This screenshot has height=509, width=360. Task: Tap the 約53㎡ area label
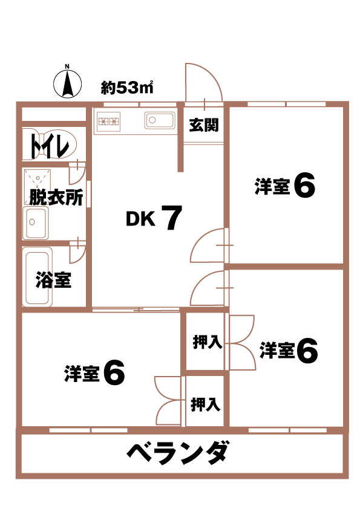point(127,87)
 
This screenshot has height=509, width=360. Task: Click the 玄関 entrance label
point(204,125)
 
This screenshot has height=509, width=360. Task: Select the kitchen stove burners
point(109,122)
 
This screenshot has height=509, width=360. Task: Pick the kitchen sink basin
point(160,121)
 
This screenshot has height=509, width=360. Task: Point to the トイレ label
point(50,146)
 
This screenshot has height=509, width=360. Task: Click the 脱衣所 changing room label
point(56,196)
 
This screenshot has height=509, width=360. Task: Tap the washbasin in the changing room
point(35,222)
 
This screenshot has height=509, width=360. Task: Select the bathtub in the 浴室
point(38,277)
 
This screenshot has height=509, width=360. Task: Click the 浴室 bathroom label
point(54,280)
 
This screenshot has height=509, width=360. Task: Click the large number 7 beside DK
point(171,218)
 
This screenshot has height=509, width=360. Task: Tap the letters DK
point(140,219)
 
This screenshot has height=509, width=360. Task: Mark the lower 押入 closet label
point(205,404)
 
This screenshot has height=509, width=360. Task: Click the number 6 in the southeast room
point(307,351)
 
